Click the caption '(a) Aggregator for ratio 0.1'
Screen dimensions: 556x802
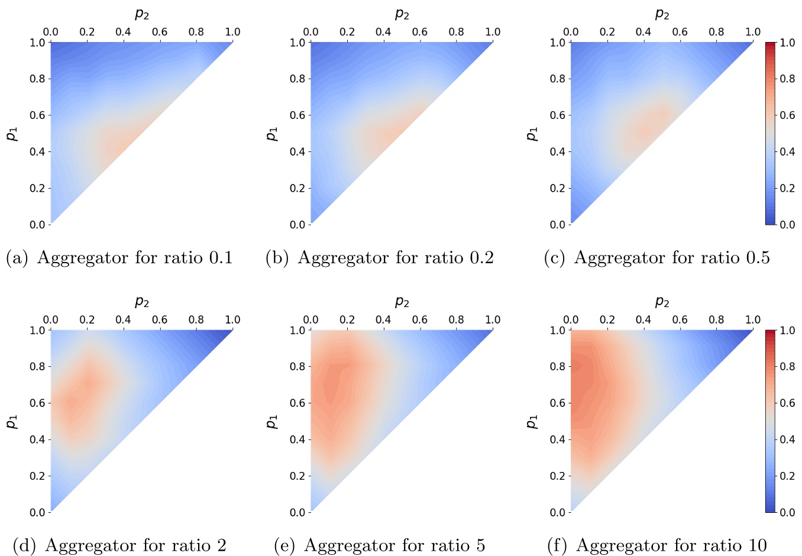coord(119,258)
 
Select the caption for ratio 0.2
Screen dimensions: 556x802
coord(380,258)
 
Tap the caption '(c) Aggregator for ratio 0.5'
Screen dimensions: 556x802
coord(657,258)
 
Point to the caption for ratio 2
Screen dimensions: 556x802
coord(119,545)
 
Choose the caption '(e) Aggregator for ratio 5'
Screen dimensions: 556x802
coord(380,545)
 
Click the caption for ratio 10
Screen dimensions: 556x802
coord(657,545)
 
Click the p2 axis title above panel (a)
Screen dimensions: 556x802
coord(142,14)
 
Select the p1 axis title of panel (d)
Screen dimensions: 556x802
coord(12,422)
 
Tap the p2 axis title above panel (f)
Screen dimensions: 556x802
coord(662,302)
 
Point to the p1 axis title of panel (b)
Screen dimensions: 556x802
coord(272,134)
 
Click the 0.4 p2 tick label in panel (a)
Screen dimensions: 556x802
coord(123,32)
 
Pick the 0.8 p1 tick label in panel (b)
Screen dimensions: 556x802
coord(297,79)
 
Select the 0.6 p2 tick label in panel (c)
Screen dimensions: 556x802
coord(680,32)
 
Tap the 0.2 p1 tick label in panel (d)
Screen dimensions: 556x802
coord(37,476)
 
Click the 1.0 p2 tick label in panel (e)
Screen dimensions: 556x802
coord(493,320)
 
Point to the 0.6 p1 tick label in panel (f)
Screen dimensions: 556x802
coord(558,403)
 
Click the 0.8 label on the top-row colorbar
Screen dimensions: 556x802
coord(787,79)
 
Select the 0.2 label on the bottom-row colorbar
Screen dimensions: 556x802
coord(787,476)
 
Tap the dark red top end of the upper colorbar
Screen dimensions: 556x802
coord(770,45)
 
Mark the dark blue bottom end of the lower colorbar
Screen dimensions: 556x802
coord(770,509)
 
